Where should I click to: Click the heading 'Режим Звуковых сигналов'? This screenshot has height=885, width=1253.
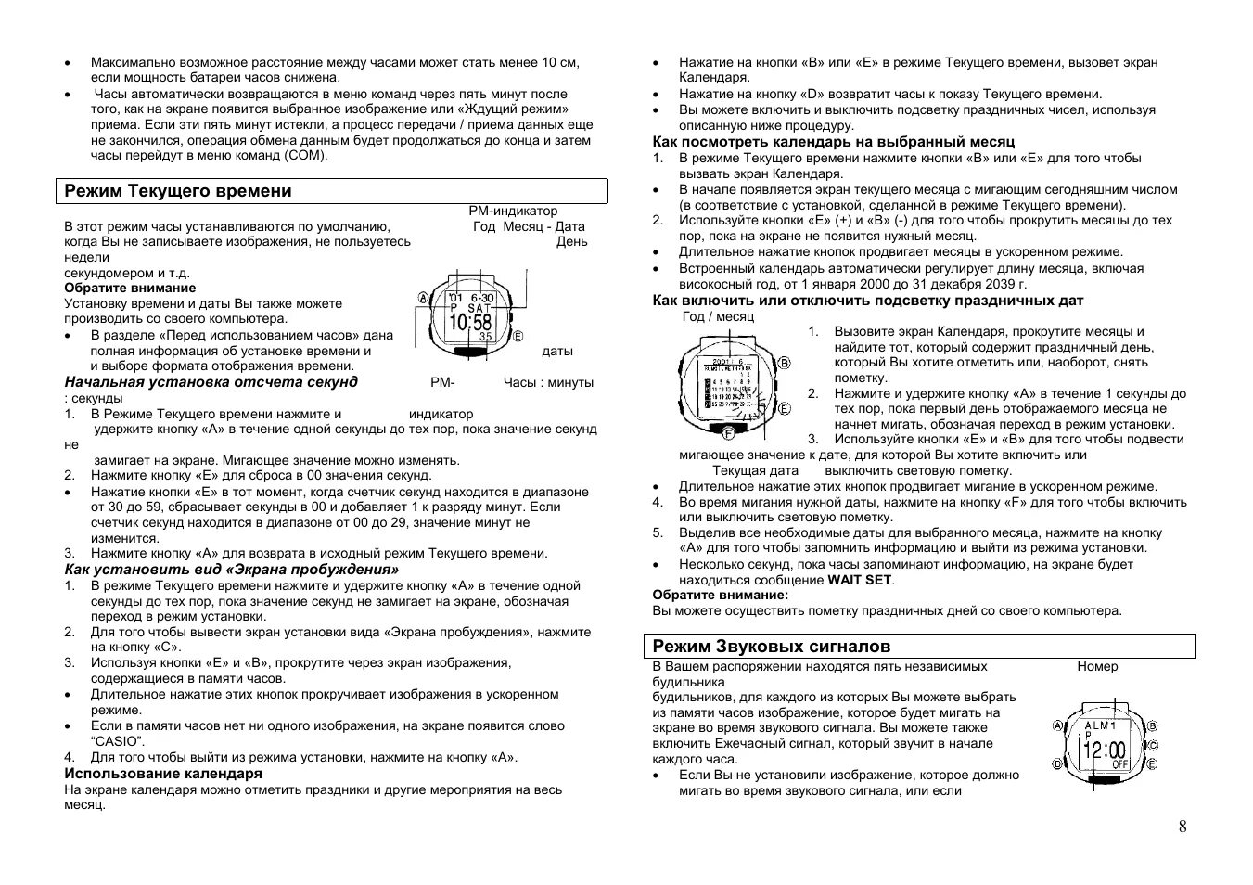pyautogui.click(x=773, y=646)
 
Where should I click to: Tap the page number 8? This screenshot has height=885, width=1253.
pyautogui.click(x=1182, y=827)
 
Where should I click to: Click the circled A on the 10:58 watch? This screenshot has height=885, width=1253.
pyautogui.click(x=423, y=299)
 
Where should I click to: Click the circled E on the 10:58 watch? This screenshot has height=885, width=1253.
pyautogui.click(x=518, y=336)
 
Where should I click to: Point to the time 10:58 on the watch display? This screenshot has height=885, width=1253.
pyautogui.click(x=470, y=322)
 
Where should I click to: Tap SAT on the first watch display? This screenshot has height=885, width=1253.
pyautogui.click(x=479, y=307)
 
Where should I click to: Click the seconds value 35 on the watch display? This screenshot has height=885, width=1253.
pyautogui.click(x=485, y=337)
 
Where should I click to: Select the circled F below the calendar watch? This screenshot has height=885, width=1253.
pyautogui.click(x=728, y=433)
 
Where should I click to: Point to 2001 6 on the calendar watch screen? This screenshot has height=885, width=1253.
pyautogui.click(x=728, y=361)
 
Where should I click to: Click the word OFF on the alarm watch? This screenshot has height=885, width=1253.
pyautogui.click(x=1121, y=764)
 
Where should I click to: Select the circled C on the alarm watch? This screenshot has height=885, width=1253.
pyautogui.click(x=1153, y=745)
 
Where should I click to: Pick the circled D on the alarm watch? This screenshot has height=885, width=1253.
pyautogui.click(x=1056, y=763)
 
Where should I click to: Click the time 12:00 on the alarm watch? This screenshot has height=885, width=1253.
pyautogui.click(x=1103, y=750)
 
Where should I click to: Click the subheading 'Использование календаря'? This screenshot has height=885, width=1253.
pyautogui.click(x=163, y=773)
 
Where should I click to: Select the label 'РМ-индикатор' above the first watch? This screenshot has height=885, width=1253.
pyautogui.click(x=513, y=212)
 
